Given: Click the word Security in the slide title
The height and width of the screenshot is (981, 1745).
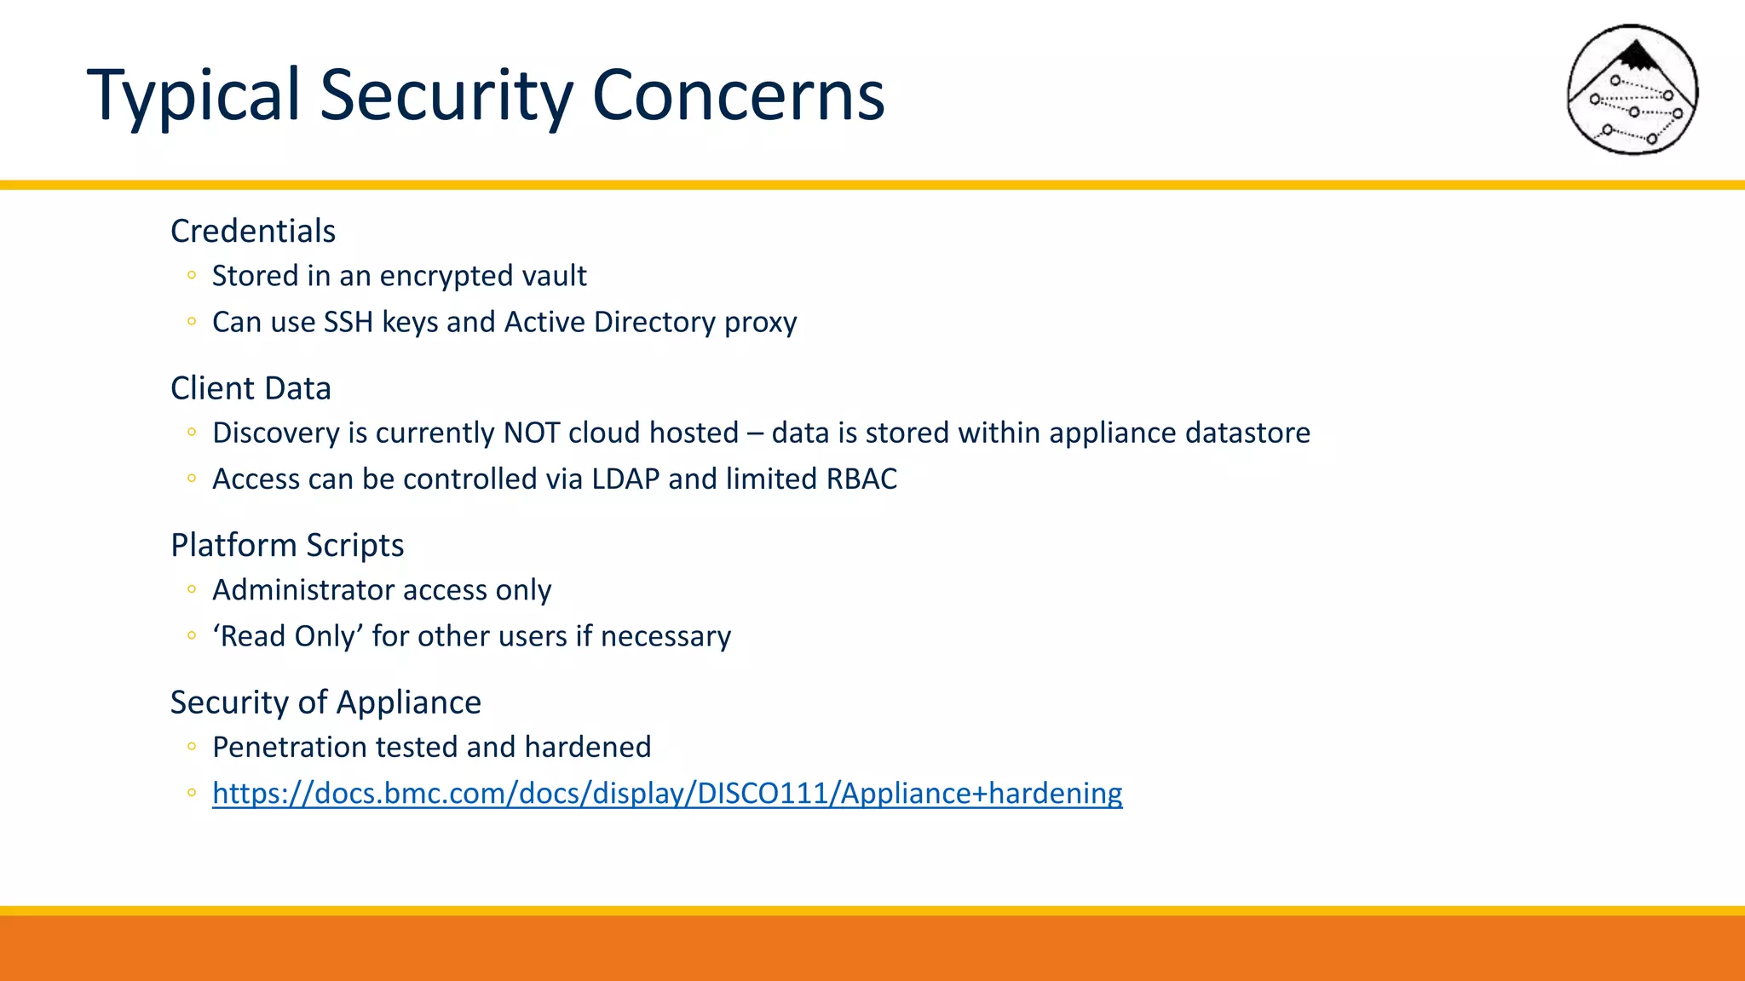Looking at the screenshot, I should (446, 95).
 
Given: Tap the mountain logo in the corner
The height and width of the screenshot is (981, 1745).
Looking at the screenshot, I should (1633, 90).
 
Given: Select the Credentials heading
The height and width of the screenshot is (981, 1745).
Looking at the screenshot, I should (253, 231).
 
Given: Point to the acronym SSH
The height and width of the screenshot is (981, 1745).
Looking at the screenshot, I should (348, 322).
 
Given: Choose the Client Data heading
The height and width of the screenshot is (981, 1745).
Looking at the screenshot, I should (251, 388).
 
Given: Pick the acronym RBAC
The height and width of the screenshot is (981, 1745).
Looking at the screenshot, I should (861, 479).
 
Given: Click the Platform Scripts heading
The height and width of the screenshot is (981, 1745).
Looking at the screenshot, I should (287, 545).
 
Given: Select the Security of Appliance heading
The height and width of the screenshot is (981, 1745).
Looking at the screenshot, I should (325, 703).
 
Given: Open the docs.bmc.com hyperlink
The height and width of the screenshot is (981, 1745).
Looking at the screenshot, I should (667, 793).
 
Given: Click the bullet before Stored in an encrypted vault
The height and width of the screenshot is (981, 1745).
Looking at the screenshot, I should (192, 275).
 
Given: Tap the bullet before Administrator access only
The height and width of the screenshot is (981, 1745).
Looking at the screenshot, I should (192, 589).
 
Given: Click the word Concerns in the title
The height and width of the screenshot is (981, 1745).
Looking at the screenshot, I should (738, 95).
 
